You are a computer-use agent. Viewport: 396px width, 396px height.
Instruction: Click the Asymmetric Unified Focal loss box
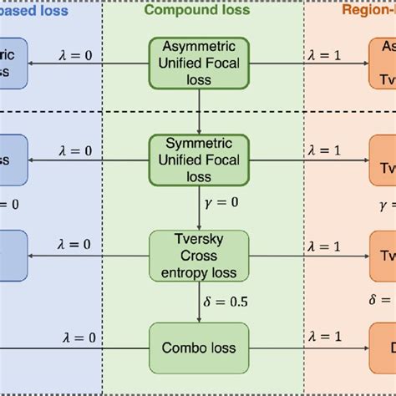[199, 62]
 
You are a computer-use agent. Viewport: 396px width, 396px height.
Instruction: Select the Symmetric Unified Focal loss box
[199, 159]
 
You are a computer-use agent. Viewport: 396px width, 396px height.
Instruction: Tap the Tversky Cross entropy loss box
[199, 255]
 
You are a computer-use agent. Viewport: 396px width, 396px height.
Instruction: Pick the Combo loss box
[199, 348]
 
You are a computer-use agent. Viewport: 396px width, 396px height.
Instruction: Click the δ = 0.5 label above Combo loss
[226, 301]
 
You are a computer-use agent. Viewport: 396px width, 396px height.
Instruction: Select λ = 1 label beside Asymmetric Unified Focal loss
[322, 54]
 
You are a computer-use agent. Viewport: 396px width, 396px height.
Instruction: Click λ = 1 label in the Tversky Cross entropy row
[322, 245]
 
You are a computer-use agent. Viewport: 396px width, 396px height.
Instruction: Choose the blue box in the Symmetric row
[13, 159]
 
